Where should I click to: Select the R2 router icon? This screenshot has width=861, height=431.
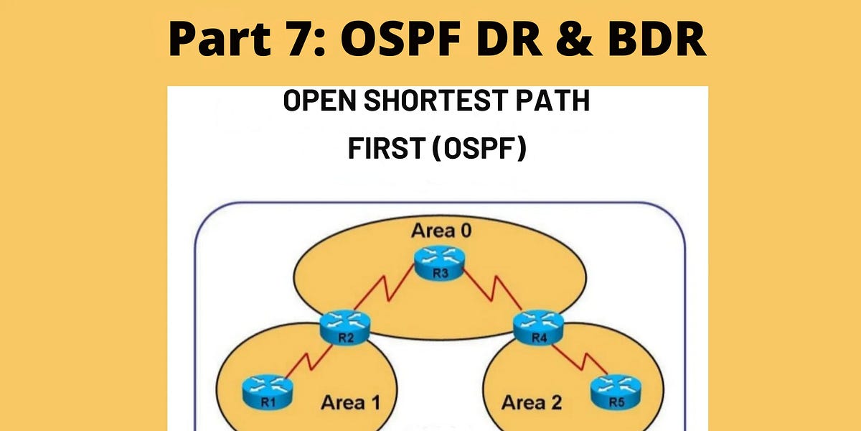point(343,327)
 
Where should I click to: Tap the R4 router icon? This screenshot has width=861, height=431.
point(538,327)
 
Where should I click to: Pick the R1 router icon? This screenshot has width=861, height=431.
point(269,394)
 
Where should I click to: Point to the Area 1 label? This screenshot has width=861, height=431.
point(351,402)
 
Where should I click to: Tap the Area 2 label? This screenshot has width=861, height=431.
point(531,402)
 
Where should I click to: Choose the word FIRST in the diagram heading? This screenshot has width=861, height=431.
point(381,149)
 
